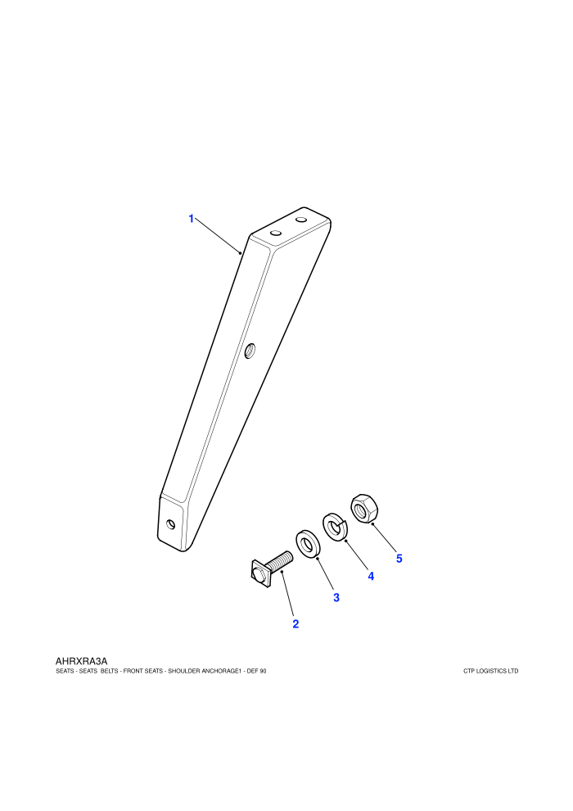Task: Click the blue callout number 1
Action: click(192, 219)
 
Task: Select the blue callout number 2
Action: click(296, 623)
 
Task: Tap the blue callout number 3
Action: click(336, 597)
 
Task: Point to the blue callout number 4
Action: click(371, 576)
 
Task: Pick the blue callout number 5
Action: click(399, 559)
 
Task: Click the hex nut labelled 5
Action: click(363, 509)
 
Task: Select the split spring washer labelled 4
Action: click(336, 527)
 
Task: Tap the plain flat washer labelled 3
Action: click(309, 545)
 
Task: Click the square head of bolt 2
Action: click(259, 573)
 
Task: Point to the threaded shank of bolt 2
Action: click(282, 561)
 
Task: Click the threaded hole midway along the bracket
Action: click(250, 351)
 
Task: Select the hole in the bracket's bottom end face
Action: click(171, 524)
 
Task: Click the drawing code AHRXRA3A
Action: click(81, 661)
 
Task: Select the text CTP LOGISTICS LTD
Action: click(491, 672)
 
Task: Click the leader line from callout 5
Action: click(384, 536)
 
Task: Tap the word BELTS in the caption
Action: click(108, 672)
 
